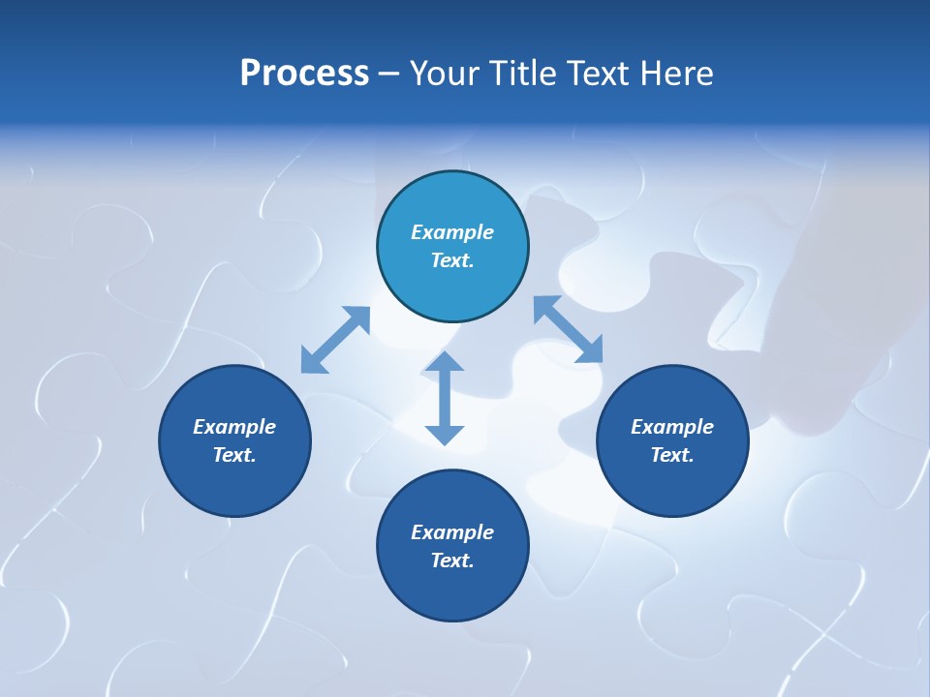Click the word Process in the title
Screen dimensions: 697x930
(304, 74)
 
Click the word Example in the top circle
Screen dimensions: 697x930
(452, 232)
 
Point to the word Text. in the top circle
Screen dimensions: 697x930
(452, 260)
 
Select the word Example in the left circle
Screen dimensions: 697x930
(234, 427)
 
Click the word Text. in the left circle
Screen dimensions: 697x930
(234, 455)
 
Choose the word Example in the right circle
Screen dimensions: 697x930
(672, 427)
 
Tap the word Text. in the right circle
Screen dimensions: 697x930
(672, 455)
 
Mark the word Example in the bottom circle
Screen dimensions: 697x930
(452, 532)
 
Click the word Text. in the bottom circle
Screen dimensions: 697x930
(452, 561)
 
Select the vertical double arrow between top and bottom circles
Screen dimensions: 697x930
(445, 398)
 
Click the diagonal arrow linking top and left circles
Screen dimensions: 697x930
(335, 340)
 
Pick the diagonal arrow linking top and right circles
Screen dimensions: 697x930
(568, 329)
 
